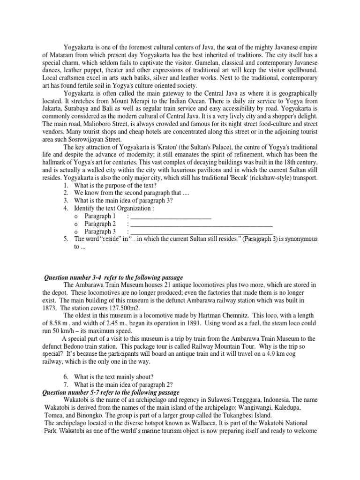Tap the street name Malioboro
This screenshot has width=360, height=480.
pos(99,124)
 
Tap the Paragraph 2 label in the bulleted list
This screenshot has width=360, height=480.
pos(100,224)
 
